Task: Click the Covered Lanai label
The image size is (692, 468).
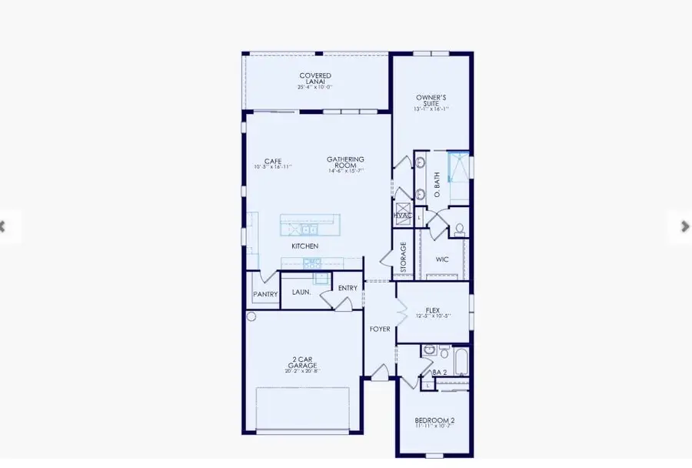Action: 315,79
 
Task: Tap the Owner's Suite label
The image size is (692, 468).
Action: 431,100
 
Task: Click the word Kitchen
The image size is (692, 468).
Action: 304,246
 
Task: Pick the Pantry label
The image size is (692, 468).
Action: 265,295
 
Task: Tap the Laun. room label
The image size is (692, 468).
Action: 301,292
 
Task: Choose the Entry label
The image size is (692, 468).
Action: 348,288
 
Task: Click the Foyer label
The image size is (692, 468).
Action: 380,329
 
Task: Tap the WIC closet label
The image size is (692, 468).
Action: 442,259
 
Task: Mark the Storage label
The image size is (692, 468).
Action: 403,258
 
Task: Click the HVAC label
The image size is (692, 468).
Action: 402,216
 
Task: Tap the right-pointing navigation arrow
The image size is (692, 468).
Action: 684,226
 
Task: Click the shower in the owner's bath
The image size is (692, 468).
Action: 458,166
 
